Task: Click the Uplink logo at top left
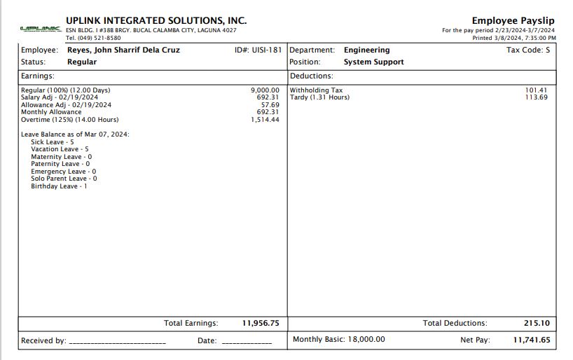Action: (41, 29)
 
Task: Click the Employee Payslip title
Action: (513, 21)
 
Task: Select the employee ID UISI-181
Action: (267, 50)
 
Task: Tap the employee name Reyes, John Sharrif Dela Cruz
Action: (123, 50)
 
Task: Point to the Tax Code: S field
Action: (528, 50)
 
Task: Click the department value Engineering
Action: (366, 50)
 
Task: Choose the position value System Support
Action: (373, 62)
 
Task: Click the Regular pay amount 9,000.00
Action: (265, 90)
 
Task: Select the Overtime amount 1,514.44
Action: (265, 120)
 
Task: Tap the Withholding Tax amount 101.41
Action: (536, 90)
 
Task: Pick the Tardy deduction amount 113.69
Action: (536, 97)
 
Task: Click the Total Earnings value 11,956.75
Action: (261, 324)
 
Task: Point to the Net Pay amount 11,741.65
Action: (532, 340)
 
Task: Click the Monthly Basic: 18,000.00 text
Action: (338, 340)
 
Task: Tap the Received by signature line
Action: (117, 342)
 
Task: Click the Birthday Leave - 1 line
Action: (59, 186)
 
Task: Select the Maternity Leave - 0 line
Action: (61, 157)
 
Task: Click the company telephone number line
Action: (93, 38)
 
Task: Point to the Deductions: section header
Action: (312, 76)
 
